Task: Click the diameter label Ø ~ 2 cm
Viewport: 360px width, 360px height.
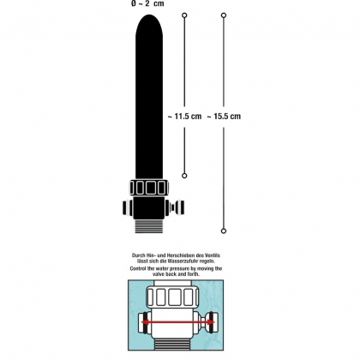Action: pyautogui.click(x=147, y=3)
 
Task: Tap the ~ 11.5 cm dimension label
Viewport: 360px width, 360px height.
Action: pyautogui.click(x=184, y=117)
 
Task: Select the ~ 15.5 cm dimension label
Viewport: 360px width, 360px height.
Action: pyautogui.click(x=224, y=117)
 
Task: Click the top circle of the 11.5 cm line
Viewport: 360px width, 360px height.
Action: pyautogui.click(x=184, y=15)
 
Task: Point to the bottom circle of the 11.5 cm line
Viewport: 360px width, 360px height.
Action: pyautogui.click(x=184, y=176)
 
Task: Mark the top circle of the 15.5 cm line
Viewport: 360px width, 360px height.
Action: pyautogui.click(x=224, y=15)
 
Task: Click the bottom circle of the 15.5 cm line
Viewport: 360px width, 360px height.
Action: pyautogui.click(x=224, y=231)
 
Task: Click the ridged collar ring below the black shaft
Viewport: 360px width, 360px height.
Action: pyautogui.click(x=149, y=188)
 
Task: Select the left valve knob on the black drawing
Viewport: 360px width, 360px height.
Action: pyautogui.click(x=128, y=207)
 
